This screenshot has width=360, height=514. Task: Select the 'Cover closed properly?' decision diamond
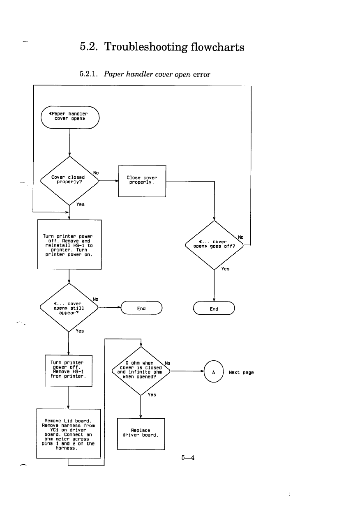pos(69,180)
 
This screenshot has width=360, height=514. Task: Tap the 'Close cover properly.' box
pos(142,181)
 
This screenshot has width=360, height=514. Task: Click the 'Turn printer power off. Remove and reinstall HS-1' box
pos(69,245)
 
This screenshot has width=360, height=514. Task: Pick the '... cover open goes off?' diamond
pos(214,245)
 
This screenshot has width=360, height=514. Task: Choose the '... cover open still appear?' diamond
pos(69,307)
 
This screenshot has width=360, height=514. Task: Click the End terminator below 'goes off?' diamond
pos(214,309)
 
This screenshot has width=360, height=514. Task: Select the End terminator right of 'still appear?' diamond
pos(142,309)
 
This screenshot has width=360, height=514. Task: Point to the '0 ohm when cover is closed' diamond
pos(140,370)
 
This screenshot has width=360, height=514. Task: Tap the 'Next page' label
pos(241,372)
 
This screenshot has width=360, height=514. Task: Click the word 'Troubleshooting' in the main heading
pos(145,47)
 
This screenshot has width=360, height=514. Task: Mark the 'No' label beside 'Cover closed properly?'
pos(96,173)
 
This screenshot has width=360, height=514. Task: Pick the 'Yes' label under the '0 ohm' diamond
pos(152,395)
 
